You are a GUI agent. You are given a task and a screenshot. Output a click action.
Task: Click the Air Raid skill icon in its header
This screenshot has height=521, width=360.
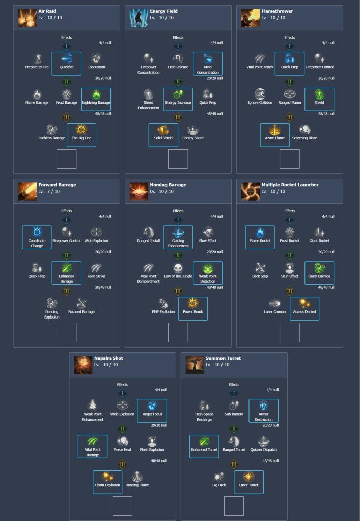(x=27, y=18)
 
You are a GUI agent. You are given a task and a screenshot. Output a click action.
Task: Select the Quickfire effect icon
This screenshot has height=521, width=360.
(x=66, y=59)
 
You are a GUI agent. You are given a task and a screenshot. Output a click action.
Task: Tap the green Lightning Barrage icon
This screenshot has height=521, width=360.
(x=96, y=95)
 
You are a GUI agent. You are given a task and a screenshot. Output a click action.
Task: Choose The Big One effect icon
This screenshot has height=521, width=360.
(x=81, y=130)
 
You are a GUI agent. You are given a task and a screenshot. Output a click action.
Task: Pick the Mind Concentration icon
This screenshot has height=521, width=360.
(x=207, y=59)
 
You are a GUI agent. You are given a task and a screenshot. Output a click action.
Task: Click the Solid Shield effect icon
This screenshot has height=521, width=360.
(x=163, y=130)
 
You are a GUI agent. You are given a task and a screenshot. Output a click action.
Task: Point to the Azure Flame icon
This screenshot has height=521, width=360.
(x=275, y=130)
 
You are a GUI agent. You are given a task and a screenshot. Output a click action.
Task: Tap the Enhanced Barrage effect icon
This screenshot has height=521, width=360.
(x=66, y=268)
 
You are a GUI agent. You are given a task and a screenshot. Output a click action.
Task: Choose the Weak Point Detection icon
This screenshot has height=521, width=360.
(x=207, y=268)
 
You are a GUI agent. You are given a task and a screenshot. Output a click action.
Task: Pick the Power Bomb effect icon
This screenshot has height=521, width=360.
(x=192, y=304)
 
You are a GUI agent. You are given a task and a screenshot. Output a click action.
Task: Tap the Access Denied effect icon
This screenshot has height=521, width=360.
(x=304, y=304)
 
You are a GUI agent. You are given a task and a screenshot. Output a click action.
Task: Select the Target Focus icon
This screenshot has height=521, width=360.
(x=152, y=406)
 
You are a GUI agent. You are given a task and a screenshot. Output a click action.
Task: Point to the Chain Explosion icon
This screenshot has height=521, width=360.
(x=107, y=477)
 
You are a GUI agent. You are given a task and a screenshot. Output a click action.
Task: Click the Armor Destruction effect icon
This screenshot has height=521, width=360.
(x=263, y=406)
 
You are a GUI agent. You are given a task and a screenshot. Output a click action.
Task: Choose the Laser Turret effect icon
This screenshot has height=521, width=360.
(x=248, y=477)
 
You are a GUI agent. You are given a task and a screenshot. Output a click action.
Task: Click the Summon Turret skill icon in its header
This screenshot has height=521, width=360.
(x=195, y=365)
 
